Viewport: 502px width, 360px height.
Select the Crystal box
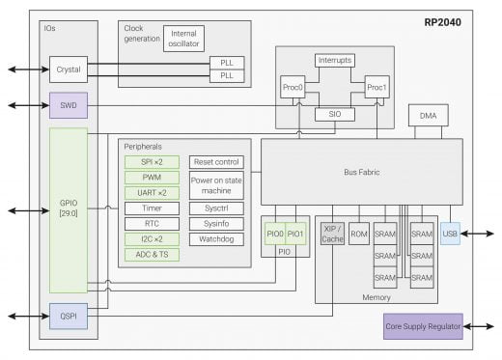69,69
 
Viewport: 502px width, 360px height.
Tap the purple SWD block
69,104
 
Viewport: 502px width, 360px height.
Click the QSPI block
69,315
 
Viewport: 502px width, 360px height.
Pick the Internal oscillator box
183,39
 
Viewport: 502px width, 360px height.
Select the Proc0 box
293,87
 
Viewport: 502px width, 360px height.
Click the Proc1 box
376,87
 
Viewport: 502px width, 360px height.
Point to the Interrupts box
334,61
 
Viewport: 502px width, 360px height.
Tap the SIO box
334,114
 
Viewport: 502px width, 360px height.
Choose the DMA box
428,116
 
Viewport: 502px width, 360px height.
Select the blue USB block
449,234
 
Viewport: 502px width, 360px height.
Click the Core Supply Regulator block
422,326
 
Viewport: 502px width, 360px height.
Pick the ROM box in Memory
359,235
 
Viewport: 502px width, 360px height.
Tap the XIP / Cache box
332,235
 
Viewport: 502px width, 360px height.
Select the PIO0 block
275,235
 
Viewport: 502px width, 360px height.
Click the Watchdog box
216,239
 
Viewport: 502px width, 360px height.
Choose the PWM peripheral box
153,177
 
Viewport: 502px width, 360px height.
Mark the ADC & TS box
153,255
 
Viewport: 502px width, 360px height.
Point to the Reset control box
216,161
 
